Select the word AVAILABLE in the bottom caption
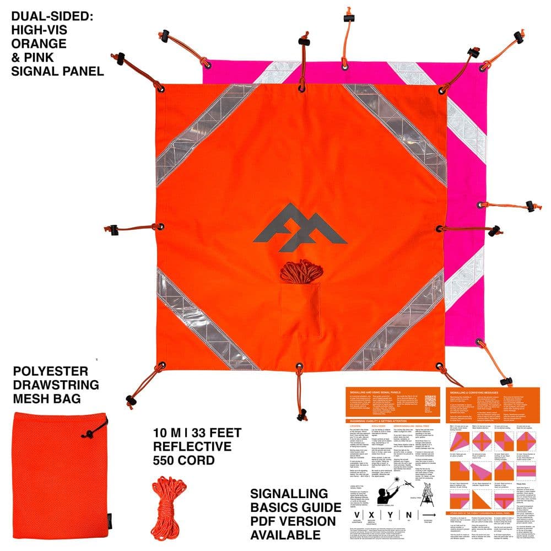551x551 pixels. tap(286, 534)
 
